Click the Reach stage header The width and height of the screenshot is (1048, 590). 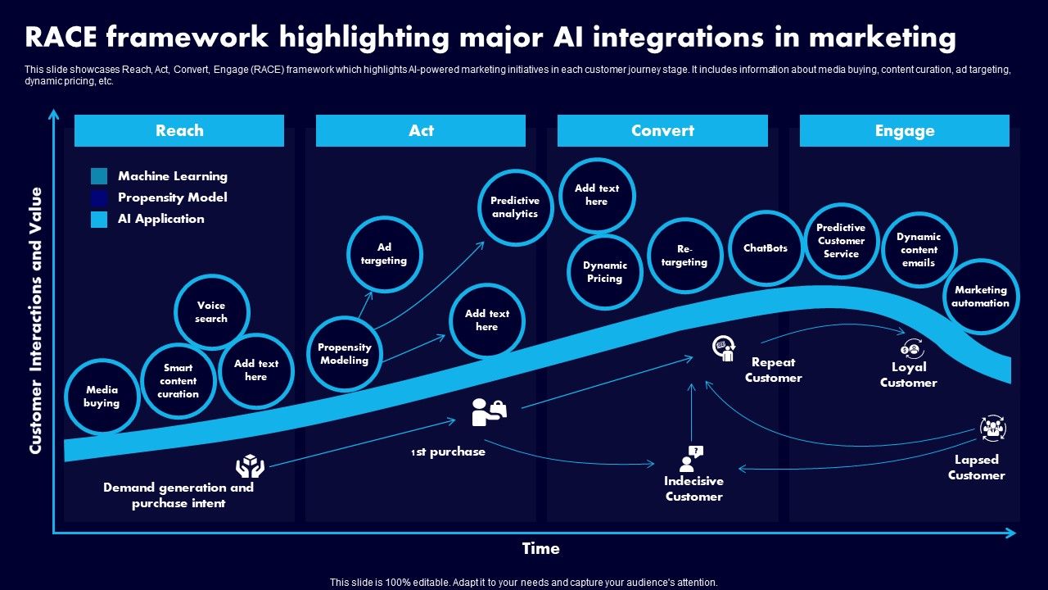[x=179, y=131]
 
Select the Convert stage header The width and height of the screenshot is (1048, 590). [x=662, y=131]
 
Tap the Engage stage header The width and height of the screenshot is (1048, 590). [x=904, y=131]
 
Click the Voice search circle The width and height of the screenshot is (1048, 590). [x=211, y=312]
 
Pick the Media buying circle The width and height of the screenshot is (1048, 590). [x=102, y=397]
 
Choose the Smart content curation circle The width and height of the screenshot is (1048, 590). [x=178, y=381]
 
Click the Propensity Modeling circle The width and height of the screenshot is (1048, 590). [x=345, y=354]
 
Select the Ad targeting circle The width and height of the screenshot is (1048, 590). [x=384, y=254]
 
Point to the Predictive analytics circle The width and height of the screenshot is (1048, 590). [x=515, y=207]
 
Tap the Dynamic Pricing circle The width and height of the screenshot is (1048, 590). [x=604, y=272]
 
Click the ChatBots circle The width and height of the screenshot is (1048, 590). [x=766, y=248]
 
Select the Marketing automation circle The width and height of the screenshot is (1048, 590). [x=981, y=297]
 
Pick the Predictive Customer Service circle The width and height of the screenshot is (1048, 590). [x=841, y=241]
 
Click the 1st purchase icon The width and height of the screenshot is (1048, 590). [x=489, y=412]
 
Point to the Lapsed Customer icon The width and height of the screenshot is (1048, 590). [x=992, y=429]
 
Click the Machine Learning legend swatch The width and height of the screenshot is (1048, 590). [x=99, y=176]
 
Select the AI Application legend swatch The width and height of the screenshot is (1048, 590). [x=99, y=219]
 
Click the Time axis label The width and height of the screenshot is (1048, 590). [x=540, y=548]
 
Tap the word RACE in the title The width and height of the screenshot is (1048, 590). [x=63, y=38]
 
